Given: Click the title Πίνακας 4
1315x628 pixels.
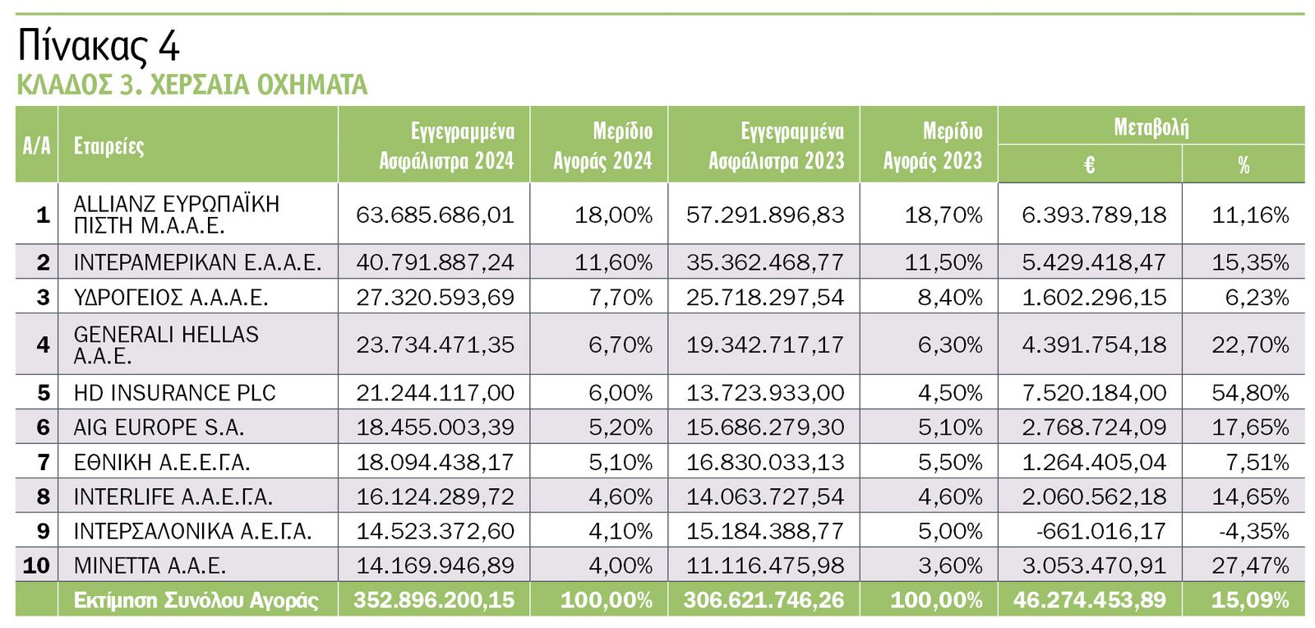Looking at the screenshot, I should click(98, 46).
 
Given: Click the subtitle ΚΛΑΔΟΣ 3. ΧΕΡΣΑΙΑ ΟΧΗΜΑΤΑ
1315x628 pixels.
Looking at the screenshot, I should click(191, 85).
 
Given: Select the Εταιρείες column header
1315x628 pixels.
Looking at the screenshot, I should click(108, 146).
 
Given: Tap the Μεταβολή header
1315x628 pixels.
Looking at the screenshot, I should click(1151, 127).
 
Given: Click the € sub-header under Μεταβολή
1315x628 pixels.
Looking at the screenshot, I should click(1089, 165).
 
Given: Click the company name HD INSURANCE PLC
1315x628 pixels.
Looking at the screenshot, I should click(174, 393).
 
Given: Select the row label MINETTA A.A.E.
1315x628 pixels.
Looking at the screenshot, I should click(150, 566).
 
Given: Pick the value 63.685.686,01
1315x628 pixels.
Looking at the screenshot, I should click(435, 215).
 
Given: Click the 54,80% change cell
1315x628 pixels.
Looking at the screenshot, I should click(1249, 393).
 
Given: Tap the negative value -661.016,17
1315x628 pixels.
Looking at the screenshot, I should click(1100, 531).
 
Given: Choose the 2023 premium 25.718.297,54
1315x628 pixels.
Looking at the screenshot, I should click(764, 298).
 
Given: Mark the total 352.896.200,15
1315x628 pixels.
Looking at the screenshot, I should click(434, 600).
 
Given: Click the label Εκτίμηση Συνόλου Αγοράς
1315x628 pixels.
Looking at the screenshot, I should click(196, 600).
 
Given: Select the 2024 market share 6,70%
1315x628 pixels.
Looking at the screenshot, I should click(621, 344).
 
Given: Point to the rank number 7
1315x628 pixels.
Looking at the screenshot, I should click(43, 463).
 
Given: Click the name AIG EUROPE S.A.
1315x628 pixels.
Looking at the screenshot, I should click(159, 427).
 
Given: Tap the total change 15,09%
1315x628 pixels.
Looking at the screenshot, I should click(1249, 600).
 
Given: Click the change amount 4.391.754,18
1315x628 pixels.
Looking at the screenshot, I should click(1093, 344).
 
